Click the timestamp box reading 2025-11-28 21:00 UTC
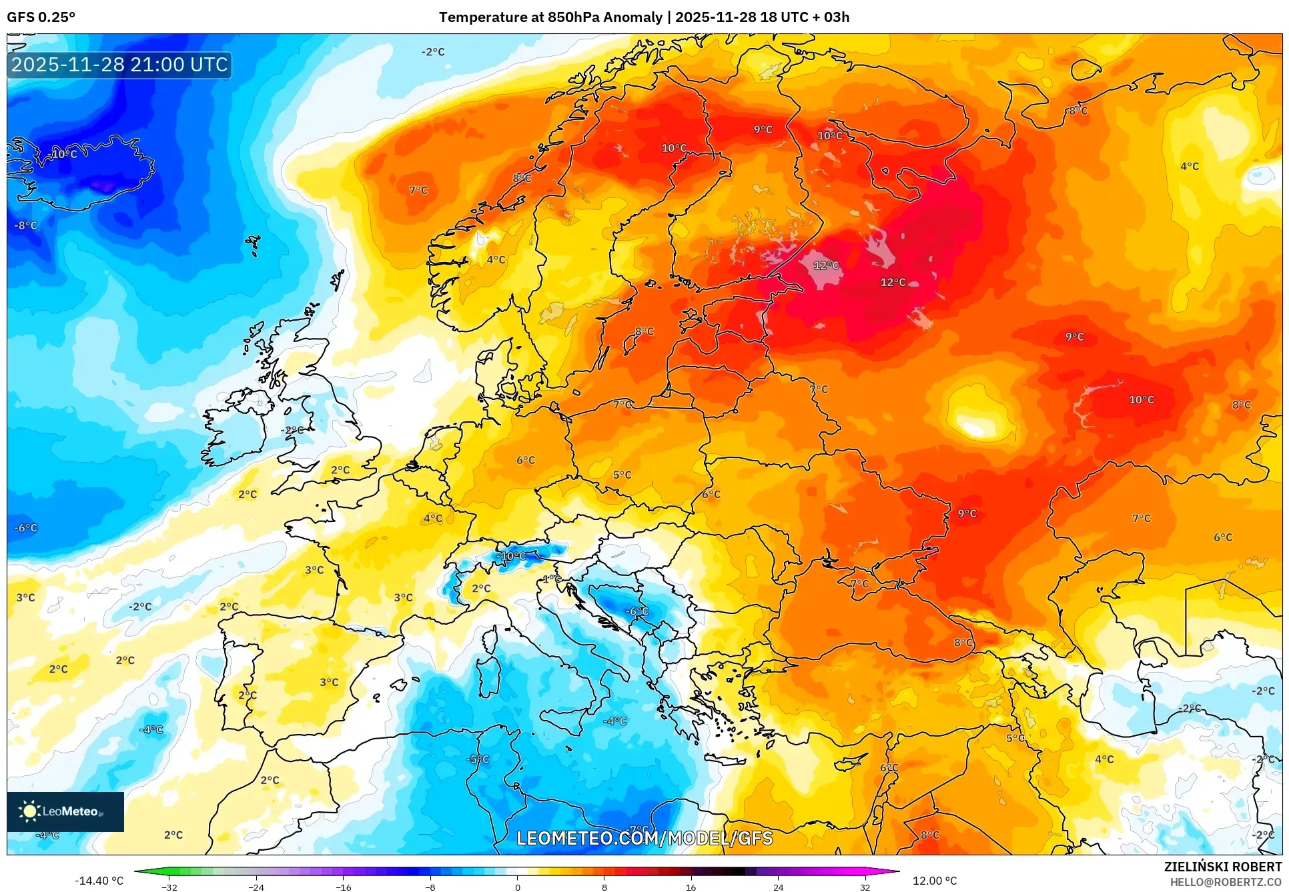tap(119, 65)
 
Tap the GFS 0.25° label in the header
tap(41, 17)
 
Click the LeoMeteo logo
tap(65, 811)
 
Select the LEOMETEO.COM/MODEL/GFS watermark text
tap(644, 838)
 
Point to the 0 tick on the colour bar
tap(517, 887)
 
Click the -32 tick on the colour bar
tap(169, 887)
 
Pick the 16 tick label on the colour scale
tap(691, 887)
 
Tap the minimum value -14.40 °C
tap(99, 881)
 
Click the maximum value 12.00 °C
tap(934, 881)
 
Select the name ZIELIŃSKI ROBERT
tap(1222, 867)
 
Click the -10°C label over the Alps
tap(512, 556)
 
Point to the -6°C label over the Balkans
tap(636, 611)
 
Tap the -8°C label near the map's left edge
tap(26, 225)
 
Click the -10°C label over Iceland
tap(63, 154)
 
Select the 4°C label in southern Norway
tap(496, 260)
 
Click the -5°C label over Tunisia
tap(478, 759)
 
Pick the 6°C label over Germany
tap(526, 460)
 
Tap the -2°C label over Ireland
tap(294, 430)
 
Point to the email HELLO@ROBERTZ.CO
tap(1226, 882)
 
